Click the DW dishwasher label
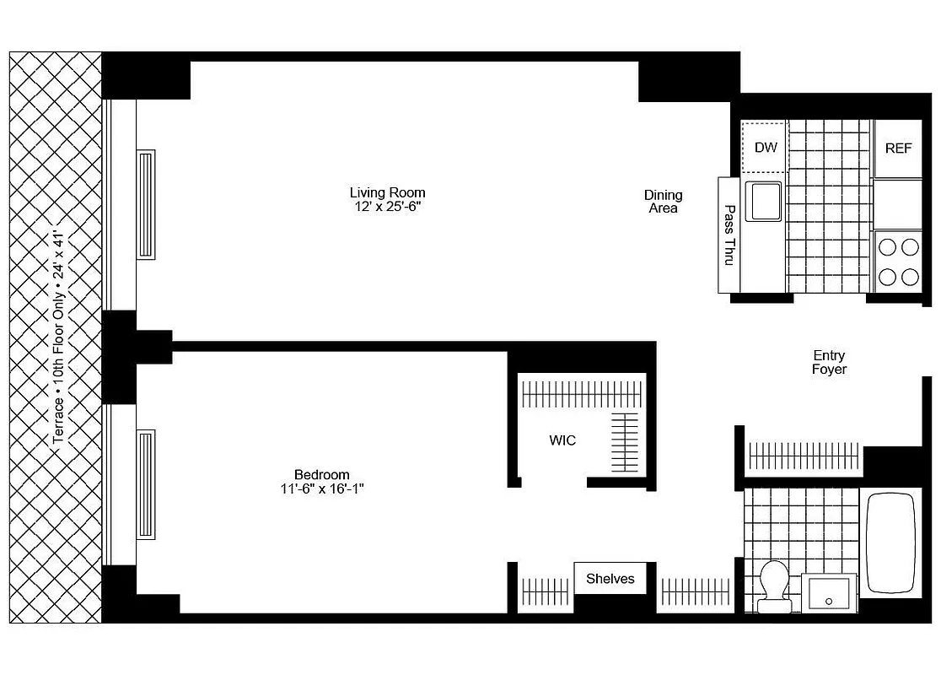click(765, 148)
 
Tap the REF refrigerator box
click(898, 148)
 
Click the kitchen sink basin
click(762, 201)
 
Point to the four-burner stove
click(898, 261)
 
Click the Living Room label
click(387, 192)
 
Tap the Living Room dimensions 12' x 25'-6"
click(387, 207)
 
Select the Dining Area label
click(664, 202)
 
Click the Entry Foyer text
click(829, 363)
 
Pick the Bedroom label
click(321, 474)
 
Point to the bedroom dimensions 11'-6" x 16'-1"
click(321, 489)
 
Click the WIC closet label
click(562, 440)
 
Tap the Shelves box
click(610, 579)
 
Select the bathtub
click(891, 543)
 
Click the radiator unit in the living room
click(146, 204)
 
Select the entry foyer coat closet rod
click(804, 456)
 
